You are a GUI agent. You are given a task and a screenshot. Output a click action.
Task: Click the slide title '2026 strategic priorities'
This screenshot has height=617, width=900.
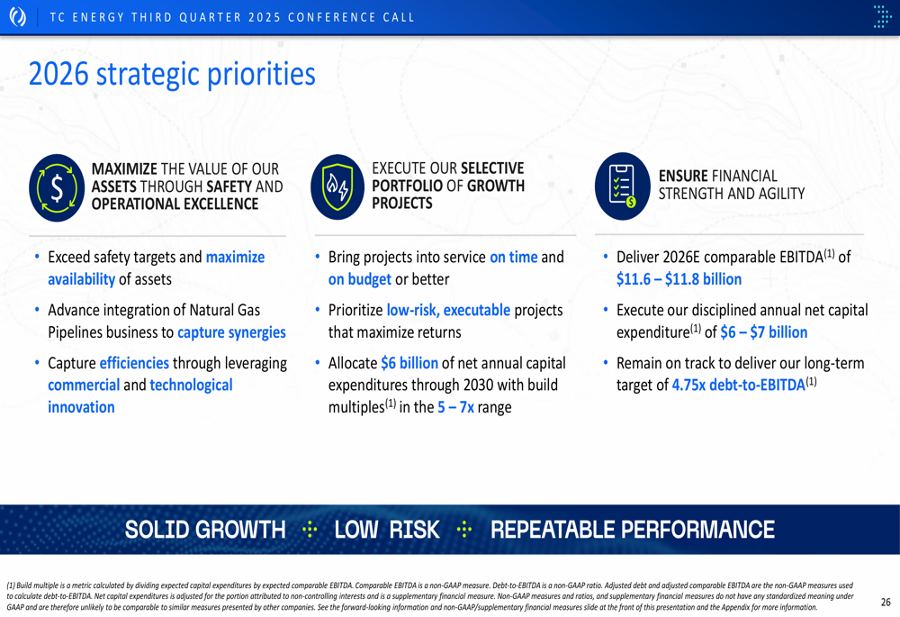(172, 75)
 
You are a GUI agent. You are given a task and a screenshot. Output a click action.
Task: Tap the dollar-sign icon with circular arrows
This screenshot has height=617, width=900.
(57, 188)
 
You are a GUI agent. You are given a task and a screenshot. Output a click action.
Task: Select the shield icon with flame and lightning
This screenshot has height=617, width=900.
(337, 186)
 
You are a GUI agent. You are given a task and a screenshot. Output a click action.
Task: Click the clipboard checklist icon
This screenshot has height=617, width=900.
(623, 186)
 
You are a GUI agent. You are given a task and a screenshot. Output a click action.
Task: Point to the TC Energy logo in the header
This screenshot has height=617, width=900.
(18, 16)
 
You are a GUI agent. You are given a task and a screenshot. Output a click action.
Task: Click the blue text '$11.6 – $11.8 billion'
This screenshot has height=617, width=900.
(679, 279)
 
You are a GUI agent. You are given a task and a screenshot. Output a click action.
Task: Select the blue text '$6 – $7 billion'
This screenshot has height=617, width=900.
(764, 332)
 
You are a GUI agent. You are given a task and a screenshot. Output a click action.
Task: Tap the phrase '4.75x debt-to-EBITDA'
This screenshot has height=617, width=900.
(739, 385)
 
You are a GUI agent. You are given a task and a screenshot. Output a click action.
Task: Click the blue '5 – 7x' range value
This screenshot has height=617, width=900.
(455, 407)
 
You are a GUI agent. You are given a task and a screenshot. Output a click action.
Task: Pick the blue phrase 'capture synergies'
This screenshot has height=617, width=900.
(231, 332)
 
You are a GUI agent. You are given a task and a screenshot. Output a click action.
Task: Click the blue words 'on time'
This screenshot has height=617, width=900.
(514, 257)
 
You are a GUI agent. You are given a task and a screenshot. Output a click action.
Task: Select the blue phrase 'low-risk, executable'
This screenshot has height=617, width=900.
(448, 310)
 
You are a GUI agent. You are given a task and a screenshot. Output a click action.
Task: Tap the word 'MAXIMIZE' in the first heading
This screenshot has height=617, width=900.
(124, 169)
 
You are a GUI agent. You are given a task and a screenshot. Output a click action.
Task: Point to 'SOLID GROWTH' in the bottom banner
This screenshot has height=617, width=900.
(205, 530)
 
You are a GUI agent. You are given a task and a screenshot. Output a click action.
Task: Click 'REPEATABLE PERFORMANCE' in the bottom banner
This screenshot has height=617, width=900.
(633, 530)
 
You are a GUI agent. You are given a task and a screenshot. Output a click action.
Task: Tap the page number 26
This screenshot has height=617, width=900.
(886, 602)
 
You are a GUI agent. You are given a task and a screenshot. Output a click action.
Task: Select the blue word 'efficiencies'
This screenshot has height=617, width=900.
(134, 363)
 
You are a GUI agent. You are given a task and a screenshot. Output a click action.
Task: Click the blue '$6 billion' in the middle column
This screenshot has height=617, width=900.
(409, 363)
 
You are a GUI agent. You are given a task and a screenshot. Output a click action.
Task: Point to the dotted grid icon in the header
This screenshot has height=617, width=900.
(882, 16)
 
